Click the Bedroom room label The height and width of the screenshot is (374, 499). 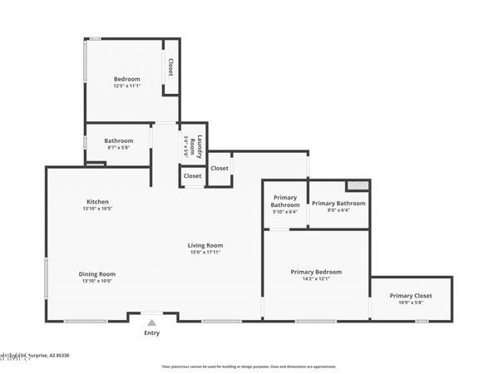coord(126,79)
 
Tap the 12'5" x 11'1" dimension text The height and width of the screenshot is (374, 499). coord(126,86)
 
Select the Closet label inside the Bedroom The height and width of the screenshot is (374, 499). coord(170,67)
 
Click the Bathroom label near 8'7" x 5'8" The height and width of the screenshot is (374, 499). coord(119,140)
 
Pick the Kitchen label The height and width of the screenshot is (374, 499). coord(97,202)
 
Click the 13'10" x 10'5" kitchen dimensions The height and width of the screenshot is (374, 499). coord(97,209)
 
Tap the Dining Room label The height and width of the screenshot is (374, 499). coord(96,274)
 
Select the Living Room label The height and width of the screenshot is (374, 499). coord(205,245)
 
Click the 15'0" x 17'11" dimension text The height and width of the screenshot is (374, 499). coord(205,253)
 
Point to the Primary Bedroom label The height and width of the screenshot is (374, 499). coord(315,272)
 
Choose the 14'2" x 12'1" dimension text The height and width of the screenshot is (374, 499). coord(315,279)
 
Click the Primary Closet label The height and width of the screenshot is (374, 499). coord(411,296)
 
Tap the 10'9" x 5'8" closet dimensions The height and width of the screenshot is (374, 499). coord(411,303)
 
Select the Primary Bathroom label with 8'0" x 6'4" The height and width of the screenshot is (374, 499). coord(338,204)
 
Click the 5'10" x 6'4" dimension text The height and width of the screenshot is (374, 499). coord(285,212)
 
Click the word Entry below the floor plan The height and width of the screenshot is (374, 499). coord(151,333)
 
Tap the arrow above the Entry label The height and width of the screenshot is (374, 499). coord(151,322)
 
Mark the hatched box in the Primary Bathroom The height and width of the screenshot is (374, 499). coord(357,186)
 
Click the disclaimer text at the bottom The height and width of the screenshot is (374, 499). coord(249,366)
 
